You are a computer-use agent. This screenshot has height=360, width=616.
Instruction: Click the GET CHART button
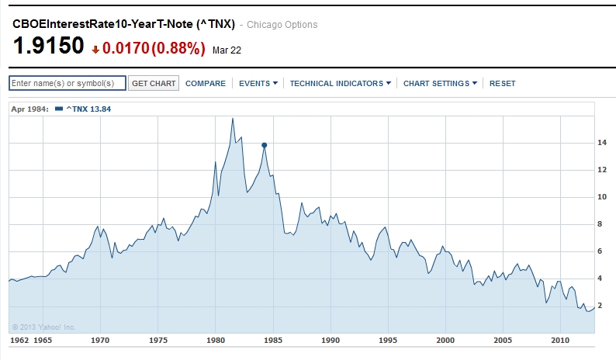coord(154,83)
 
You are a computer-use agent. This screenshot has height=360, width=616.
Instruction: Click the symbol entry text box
coord(67,83)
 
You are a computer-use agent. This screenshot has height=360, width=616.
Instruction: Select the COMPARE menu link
coord(206,83)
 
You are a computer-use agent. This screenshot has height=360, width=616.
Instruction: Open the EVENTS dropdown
coord(258,83)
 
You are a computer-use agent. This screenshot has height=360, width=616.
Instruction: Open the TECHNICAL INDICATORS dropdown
coord(340,83)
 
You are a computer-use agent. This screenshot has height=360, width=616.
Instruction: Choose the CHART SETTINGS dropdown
coord(439,83)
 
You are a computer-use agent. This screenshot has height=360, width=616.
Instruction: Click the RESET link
coord(502,83)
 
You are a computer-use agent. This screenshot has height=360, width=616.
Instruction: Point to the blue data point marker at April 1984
coord(265,145)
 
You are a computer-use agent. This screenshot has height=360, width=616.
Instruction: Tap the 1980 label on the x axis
coord(216,340)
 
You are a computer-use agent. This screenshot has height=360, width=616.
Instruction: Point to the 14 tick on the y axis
coord(601,143)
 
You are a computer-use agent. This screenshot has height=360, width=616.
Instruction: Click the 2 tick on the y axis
coord(601,306)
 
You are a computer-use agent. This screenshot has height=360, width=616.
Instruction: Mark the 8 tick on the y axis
coord(601,224)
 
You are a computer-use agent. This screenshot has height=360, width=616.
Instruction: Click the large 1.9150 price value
coord(48,47)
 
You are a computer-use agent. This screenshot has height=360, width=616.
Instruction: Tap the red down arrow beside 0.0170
coord(95,50)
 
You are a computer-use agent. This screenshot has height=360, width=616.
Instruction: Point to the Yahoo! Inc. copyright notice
coord(43,327)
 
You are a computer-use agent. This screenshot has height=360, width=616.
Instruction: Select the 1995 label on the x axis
coord(389,340)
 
